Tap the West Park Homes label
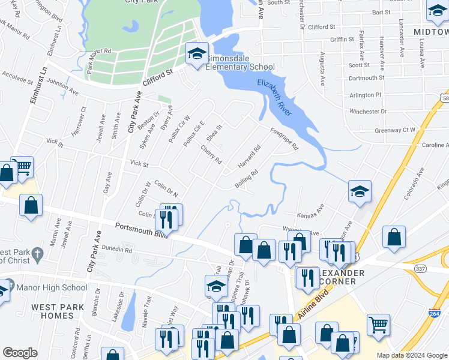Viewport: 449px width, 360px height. pyautogui.click(x=53, y=311)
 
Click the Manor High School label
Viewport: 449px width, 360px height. pyautogui.click(x=58, y=288)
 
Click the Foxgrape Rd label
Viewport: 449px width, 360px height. pyautogui.click(x=284, y=139)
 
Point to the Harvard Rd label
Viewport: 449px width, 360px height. pyautogui.click(x=249, y=157)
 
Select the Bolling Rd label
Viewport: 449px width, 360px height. pyautogui.click(x=246, y=179)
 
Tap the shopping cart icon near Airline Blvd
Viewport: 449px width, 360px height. pyautogui.click(x=378, y=325)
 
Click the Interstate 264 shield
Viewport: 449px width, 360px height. pyautogui.click(x=434, y=313)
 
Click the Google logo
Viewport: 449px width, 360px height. pyautogui.click(x=20, y=353)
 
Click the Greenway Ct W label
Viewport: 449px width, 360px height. pyautogui.click(x=395, y=130)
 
